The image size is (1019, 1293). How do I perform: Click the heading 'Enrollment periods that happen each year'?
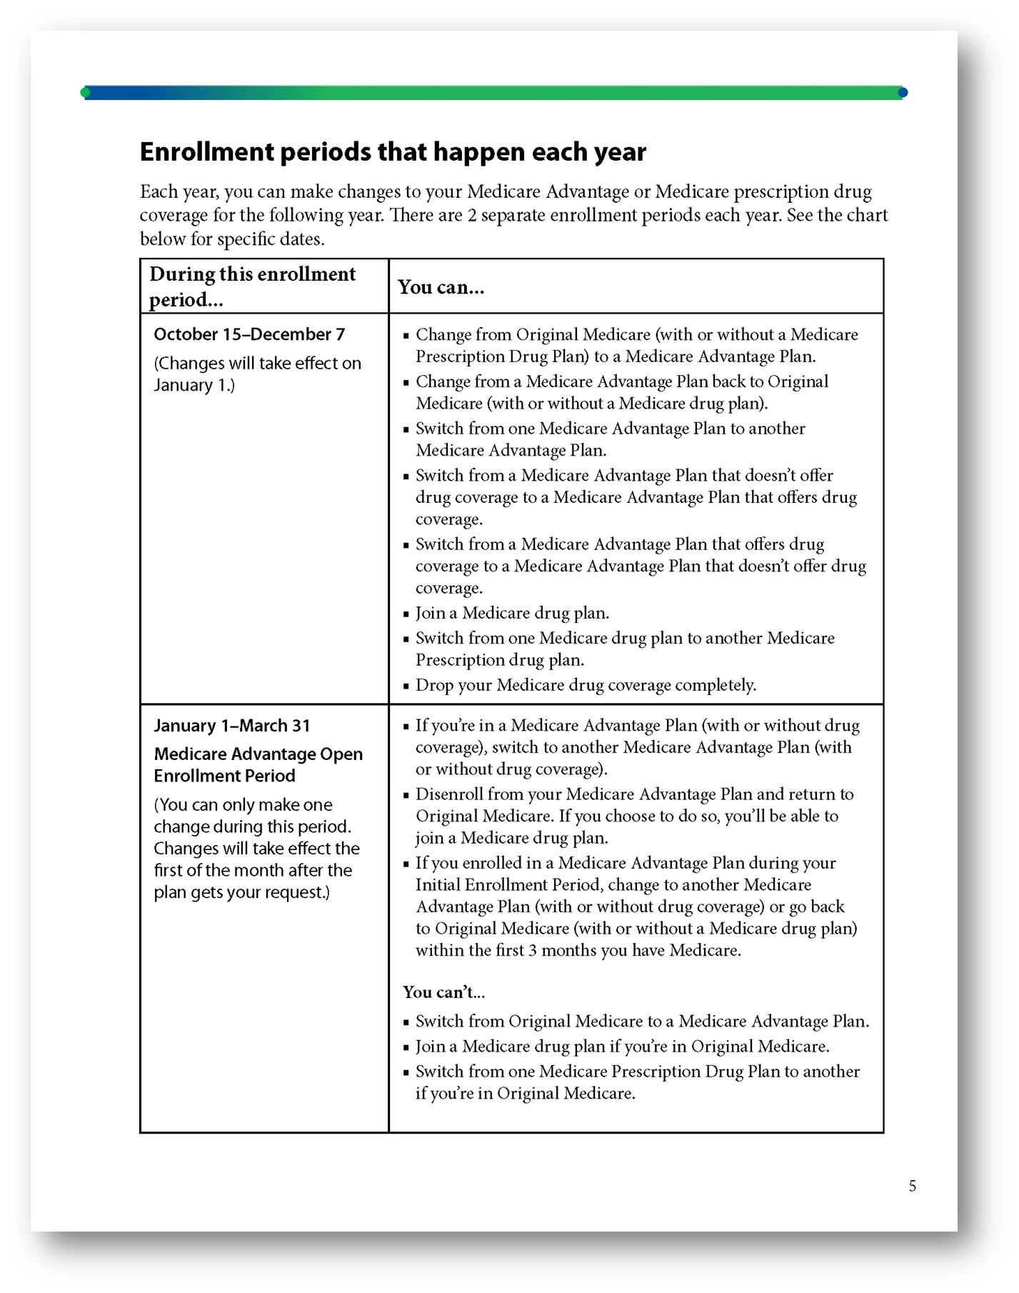393,152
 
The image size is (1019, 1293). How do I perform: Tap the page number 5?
912,1187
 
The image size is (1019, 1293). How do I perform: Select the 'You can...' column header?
441,287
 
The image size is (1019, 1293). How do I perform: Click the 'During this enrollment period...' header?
252,286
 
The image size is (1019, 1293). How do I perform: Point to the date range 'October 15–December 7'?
249,334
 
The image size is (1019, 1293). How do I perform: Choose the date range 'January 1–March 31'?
232,726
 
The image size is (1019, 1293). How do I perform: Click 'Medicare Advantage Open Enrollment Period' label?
258,765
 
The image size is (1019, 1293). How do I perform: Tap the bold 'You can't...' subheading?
443,992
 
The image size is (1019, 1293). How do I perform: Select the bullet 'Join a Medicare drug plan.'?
512,613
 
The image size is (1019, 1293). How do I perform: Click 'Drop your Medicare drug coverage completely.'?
586,685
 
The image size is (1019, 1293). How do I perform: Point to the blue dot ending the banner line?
903,93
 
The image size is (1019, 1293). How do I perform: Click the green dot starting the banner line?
86,93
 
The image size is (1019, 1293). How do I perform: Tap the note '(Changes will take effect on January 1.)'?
257,374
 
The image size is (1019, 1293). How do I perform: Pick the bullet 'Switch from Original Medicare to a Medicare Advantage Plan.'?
642,1022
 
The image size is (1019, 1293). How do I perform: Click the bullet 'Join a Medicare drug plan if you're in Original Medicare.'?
622,1047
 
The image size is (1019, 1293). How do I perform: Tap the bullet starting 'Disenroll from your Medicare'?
634,816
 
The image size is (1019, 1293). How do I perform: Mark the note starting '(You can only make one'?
256,849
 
